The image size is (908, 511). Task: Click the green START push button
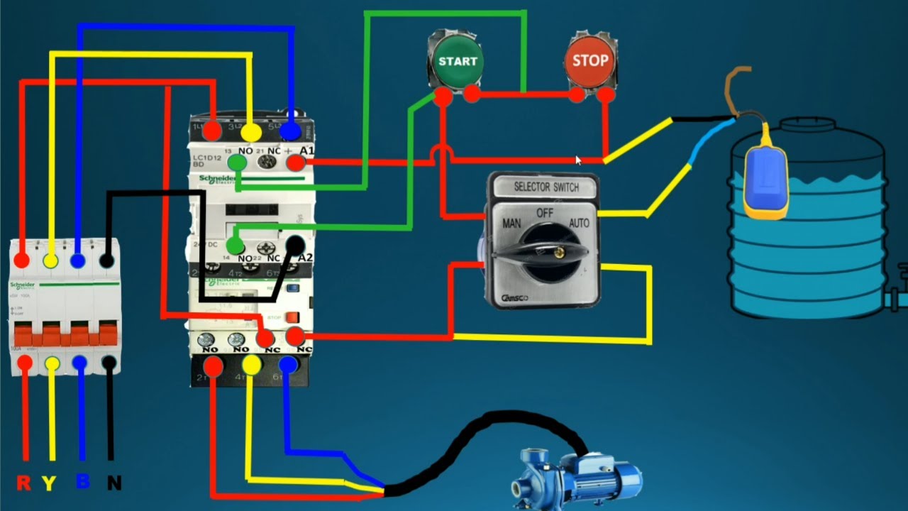458,62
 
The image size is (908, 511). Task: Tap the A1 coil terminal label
307,150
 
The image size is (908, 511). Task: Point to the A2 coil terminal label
304,257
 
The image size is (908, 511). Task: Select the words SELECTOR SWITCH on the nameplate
546,187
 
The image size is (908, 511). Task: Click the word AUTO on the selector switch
580,223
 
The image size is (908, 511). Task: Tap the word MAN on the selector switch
512,223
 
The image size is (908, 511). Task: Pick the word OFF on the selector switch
545,212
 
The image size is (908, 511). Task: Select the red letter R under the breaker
23,483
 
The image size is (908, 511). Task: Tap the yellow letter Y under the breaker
49,483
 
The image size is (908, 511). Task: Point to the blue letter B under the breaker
82,482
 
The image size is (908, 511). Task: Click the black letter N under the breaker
113,483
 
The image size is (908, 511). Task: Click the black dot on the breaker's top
106,261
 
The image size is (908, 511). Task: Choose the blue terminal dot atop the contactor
289,131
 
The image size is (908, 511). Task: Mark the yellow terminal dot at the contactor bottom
251,365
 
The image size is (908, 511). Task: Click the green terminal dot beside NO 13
237,163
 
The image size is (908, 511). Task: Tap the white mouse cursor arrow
578,160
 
